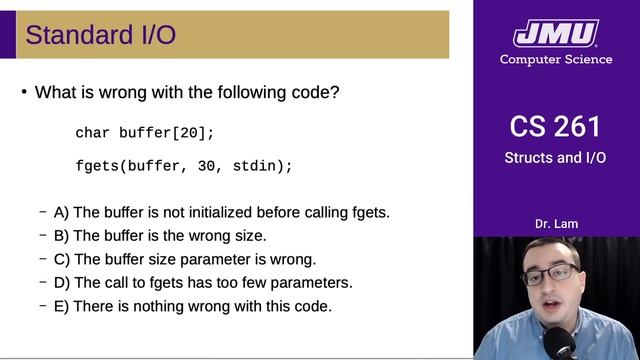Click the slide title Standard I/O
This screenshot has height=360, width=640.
click(100, 35)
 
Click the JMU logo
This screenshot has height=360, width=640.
click(556, 33)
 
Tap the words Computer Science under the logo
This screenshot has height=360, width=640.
click(556, 59)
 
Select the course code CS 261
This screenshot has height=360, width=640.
click(556, 127)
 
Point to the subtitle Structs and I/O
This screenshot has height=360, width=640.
click(556, 157)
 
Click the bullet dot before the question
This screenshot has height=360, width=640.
click(24, 92)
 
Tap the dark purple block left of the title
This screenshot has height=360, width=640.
click(8, 35)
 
